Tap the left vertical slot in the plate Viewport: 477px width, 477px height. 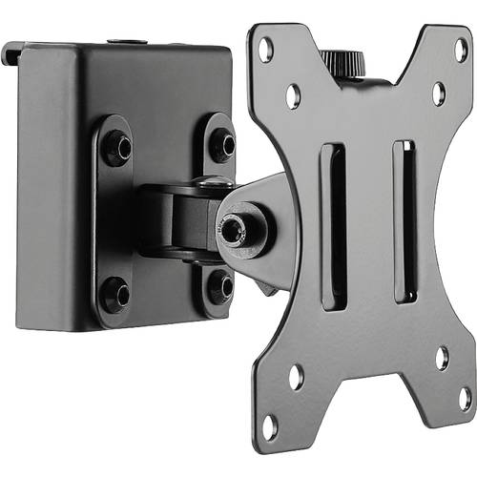pos(333,225)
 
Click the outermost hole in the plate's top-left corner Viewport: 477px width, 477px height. pos(266,45)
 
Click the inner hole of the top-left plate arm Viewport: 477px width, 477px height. pos(293,94)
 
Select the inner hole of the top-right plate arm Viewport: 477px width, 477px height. pos(439,93)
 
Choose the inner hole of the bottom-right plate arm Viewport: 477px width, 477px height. pos(442,358)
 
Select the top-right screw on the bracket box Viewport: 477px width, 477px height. pos(221,144)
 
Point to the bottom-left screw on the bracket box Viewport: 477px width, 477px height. pos(114,292)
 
